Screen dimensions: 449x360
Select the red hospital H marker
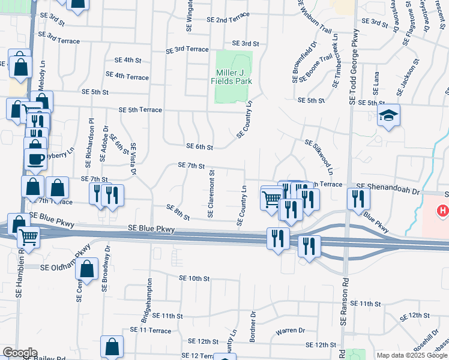(x=443, y=211)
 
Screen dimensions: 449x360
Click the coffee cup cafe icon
(x=35, y=159)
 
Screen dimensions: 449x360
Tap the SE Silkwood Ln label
(x=318, y=155)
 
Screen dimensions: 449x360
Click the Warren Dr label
(x=291, y=331)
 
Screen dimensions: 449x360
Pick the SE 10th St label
(x=194, y=278)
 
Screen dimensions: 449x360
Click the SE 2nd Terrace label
(x=226, y=20)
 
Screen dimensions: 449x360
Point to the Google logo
(x=19, y=353)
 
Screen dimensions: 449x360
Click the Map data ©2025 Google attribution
(x=411, y=355)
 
